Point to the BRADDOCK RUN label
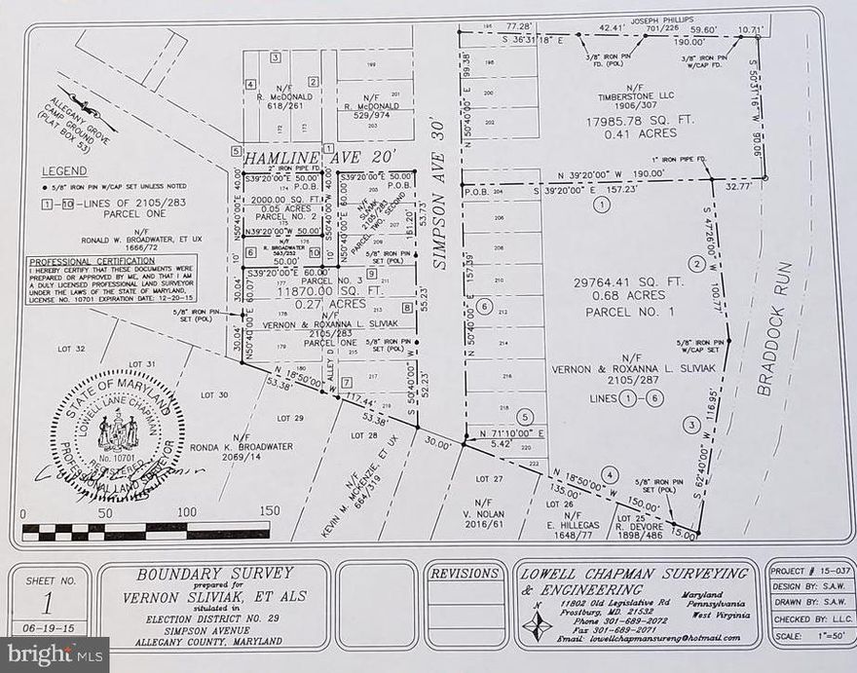pyautogui.click(x=777, y=328)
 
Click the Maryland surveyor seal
pyautogui.click(x=118, y=434)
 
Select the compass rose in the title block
pyautogui.click(x=537, y=623)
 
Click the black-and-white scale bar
pyautogui.click(x=145, y=532)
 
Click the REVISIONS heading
pyautogui.click(x=465, y=575)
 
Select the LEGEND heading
pyautogui.click(x=64, y=170)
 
